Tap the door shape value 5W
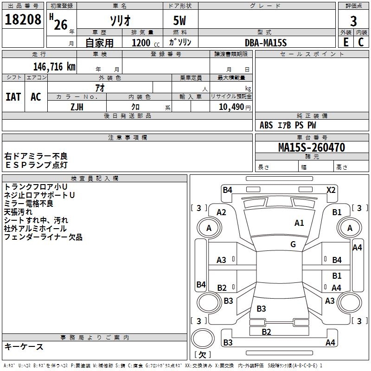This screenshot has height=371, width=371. click(180, 21)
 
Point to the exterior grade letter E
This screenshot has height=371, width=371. click(346, 42)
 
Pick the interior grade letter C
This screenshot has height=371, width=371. click(361, 42)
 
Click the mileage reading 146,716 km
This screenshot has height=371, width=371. click(54, 66)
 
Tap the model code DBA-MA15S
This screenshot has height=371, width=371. click(266, 43)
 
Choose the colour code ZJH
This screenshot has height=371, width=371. click(77, 107)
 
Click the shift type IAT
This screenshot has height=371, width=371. click(13, 97)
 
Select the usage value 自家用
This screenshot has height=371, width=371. click(99, 43)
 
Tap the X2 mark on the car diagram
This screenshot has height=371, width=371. click(331, 190)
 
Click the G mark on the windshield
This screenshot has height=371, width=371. click(293, 244)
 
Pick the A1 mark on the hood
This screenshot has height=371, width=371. click(300, 223)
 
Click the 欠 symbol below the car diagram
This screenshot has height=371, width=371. click(202, 355)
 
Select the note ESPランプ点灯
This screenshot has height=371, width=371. click(36, 165)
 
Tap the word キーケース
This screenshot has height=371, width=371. click(24, 346)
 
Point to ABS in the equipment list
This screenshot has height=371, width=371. click(266, 125)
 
